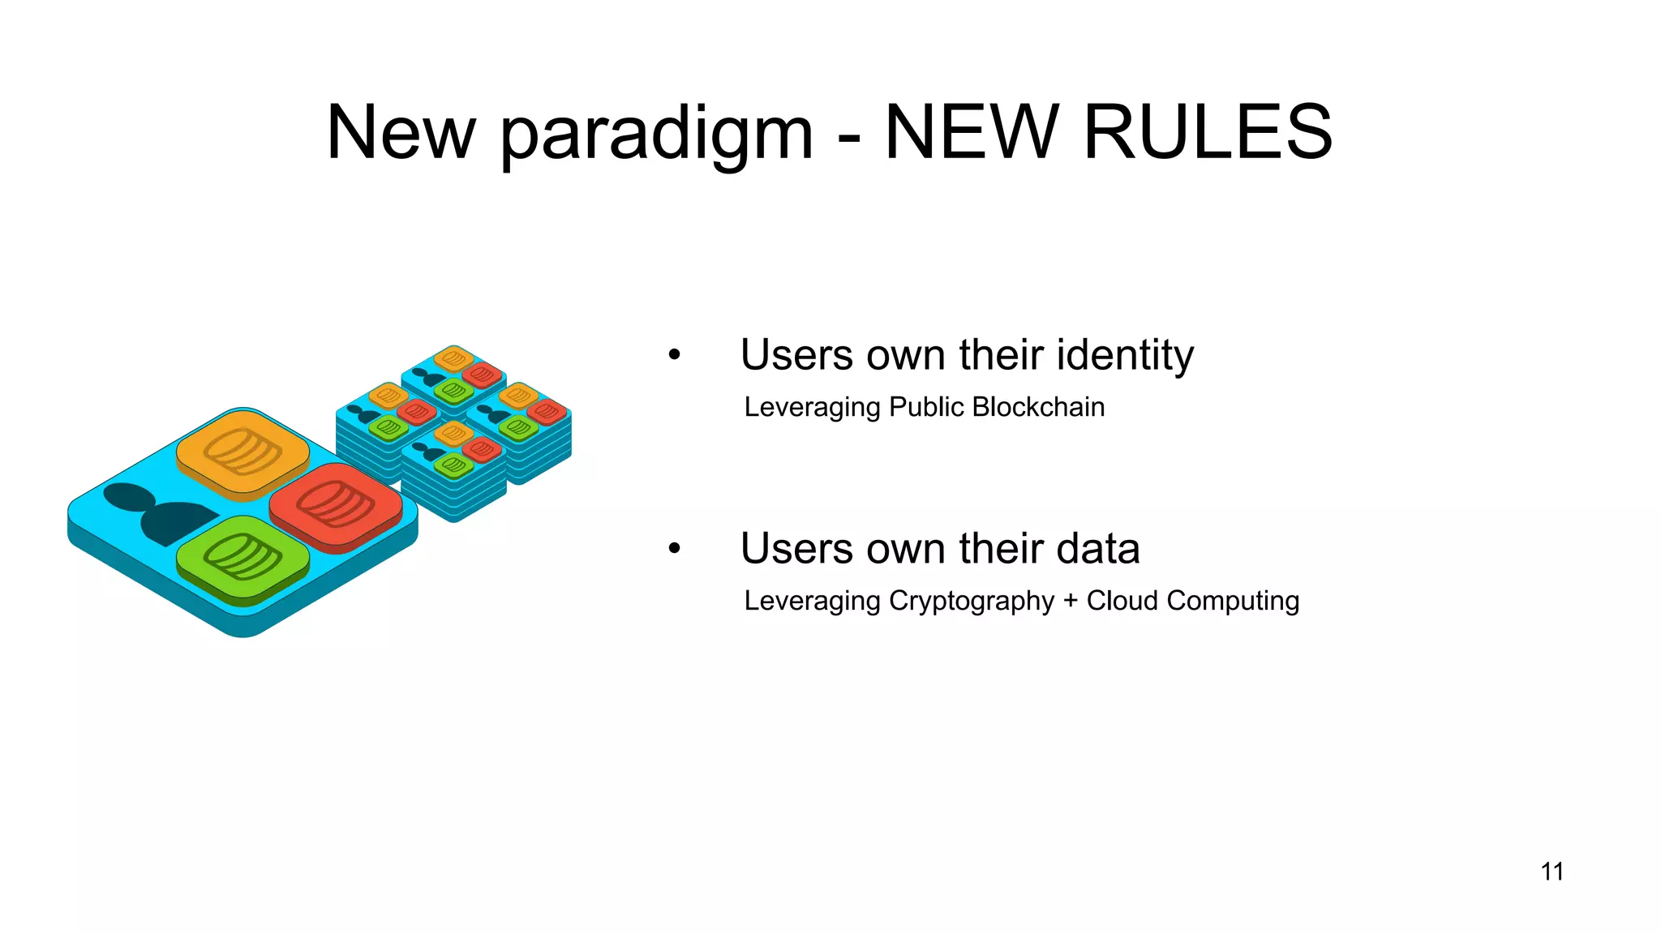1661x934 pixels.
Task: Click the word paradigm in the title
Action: click(655, 134)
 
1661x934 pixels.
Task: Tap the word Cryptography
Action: click(972, 602)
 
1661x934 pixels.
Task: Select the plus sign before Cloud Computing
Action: click(1070, 601)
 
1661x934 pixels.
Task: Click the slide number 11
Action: click(1552, 872)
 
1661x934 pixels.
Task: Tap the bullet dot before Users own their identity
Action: click(674, 355)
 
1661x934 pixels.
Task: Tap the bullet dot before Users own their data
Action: click(674, 549)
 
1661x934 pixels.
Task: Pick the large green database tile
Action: click(242, 558)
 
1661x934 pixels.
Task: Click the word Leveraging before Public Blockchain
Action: click(812, 407)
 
